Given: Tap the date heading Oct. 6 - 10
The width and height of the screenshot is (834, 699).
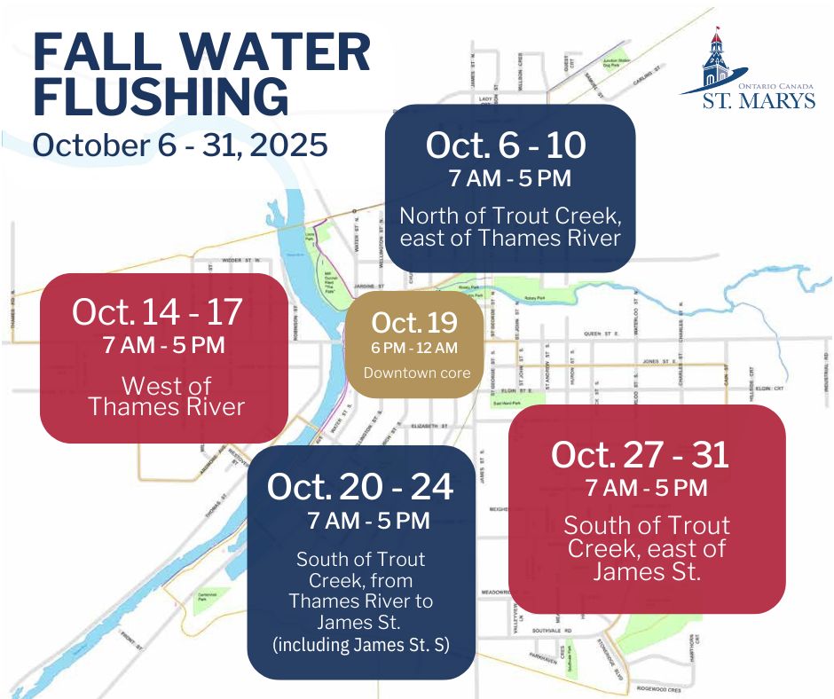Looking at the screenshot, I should [506, 145].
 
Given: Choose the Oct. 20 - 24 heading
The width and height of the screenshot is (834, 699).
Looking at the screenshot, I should [359, 485].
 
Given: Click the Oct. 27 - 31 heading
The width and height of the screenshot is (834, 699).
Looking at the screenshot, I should [640, 455].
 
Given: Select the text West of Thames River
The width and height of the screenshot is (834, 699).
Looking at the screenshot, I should [166, 397].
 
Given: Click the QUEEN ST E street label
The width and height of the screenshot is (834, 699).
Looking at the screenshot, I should [600, 334].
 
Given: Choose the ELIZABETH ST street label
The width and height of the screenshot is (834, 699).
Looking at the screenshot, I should [430, 427].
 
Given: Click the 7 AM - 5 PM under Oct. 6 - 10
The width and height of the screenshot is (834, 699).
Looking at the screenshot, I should [509, 178].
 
